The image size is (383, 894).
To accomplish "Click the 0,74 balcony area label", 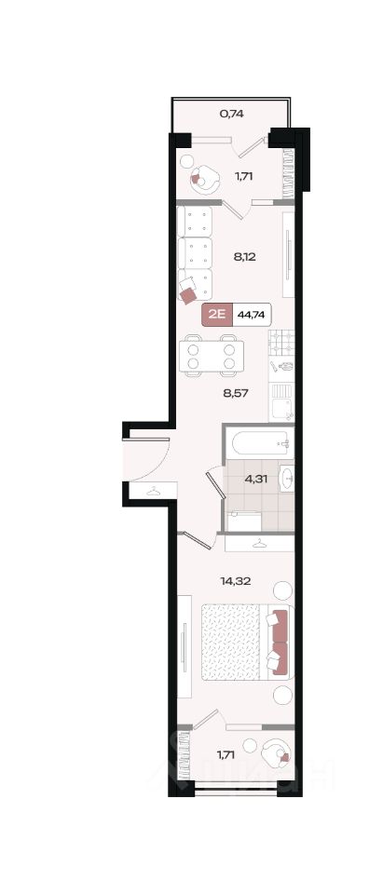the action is [232, 114].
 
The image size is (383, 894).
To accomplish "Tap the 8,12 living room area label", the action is [244, 257].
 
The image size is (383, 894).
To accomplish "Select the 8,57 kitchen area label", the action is [236, 392].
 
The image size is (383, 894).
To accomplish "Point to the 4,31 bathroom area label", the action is [256, 479].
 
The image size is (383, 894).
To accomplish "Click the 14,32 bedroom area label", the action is [236, 581].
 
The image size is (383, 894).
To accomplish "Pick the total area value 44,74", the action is [252, 315].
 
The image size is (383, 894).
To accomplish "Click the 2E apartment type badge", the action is [217, 315].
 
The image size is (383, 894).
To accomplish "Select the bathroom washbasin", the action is [286, 478].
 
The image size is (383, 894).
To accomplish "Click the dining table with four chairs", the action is [212, 356].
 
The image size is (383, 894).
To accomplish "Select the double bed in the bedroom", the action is [247, 643].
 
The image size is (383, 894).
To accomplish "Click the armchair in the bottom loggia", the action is [276, 753].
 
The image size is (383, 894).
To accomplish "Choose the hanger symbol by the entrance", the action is [154, 491].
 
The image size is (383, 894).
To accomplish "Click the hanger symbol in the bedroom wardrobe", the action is [260, 543].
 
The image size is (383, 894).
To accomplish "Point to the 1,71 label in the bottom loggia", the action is [227, 755].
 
